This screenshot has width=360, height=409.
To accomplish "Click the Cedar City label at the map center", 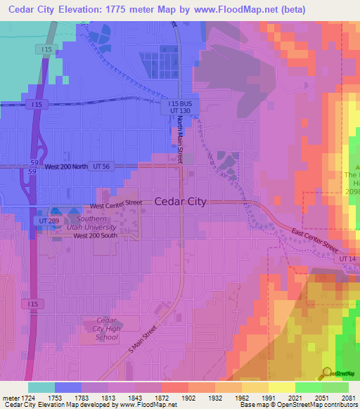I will tap(180, 201).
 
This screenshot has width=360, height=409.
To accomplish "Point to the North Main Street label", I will tap(180, 138).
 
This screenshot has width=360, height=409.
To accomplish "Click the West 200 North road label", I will tap(67, 167).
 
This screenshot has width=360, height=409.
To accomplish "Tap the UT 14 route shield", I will tap(347, 259).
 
